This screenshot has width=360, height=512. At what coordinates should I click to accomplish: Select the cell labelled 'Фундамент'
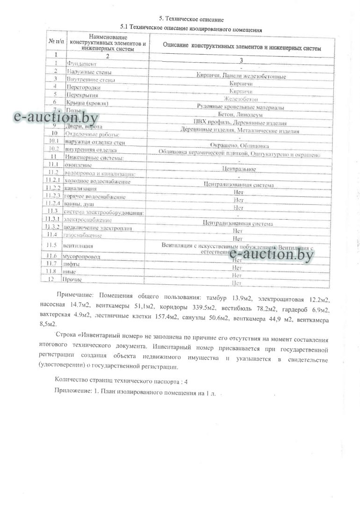click(82, 63)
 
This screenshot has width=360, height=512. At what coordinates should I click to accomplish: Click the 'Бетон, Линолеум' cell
click(240, 115)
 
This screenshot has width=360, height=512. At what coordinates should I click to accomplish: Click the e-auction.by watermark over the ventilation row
click(271, 254)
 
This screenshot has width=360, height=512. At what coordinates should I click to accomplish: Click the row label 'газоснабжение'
click(83, 235)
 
